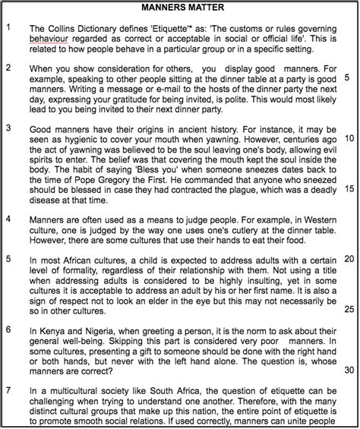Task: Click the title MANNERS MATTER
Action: tap(181, 8)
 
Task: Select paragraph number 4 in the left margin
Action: tap(8, 219)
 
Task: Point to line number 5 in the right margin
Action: tap(347, 77)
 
